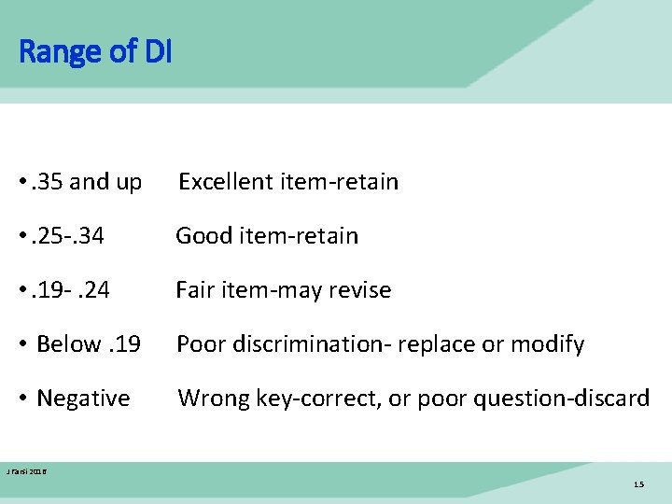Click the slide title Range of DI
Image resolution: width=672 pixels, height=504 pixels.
point(95,51)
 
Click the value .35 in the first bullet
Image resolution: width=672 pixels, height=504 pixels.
point(49,182)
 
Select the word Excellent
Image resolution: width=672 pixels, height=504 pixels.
point(221,182)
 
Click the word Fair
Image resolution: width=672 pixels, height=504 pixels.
point(195,290)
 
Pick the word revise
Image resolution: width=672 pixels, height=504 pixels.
point(355,290)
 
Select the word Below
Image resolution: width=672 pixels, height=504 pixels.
point(66,344)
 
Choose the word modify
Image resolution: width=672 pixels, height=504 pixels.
point(550,344)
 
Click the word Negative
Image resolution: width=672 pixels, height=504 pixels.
point(83,399)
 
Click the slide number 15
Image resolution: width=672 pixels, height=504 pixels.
point(638,484)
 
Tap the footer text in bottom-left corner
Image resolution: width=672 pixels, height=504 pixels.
point(26,472)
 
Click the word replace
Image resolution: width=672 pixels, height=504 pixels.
point(432,344)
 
